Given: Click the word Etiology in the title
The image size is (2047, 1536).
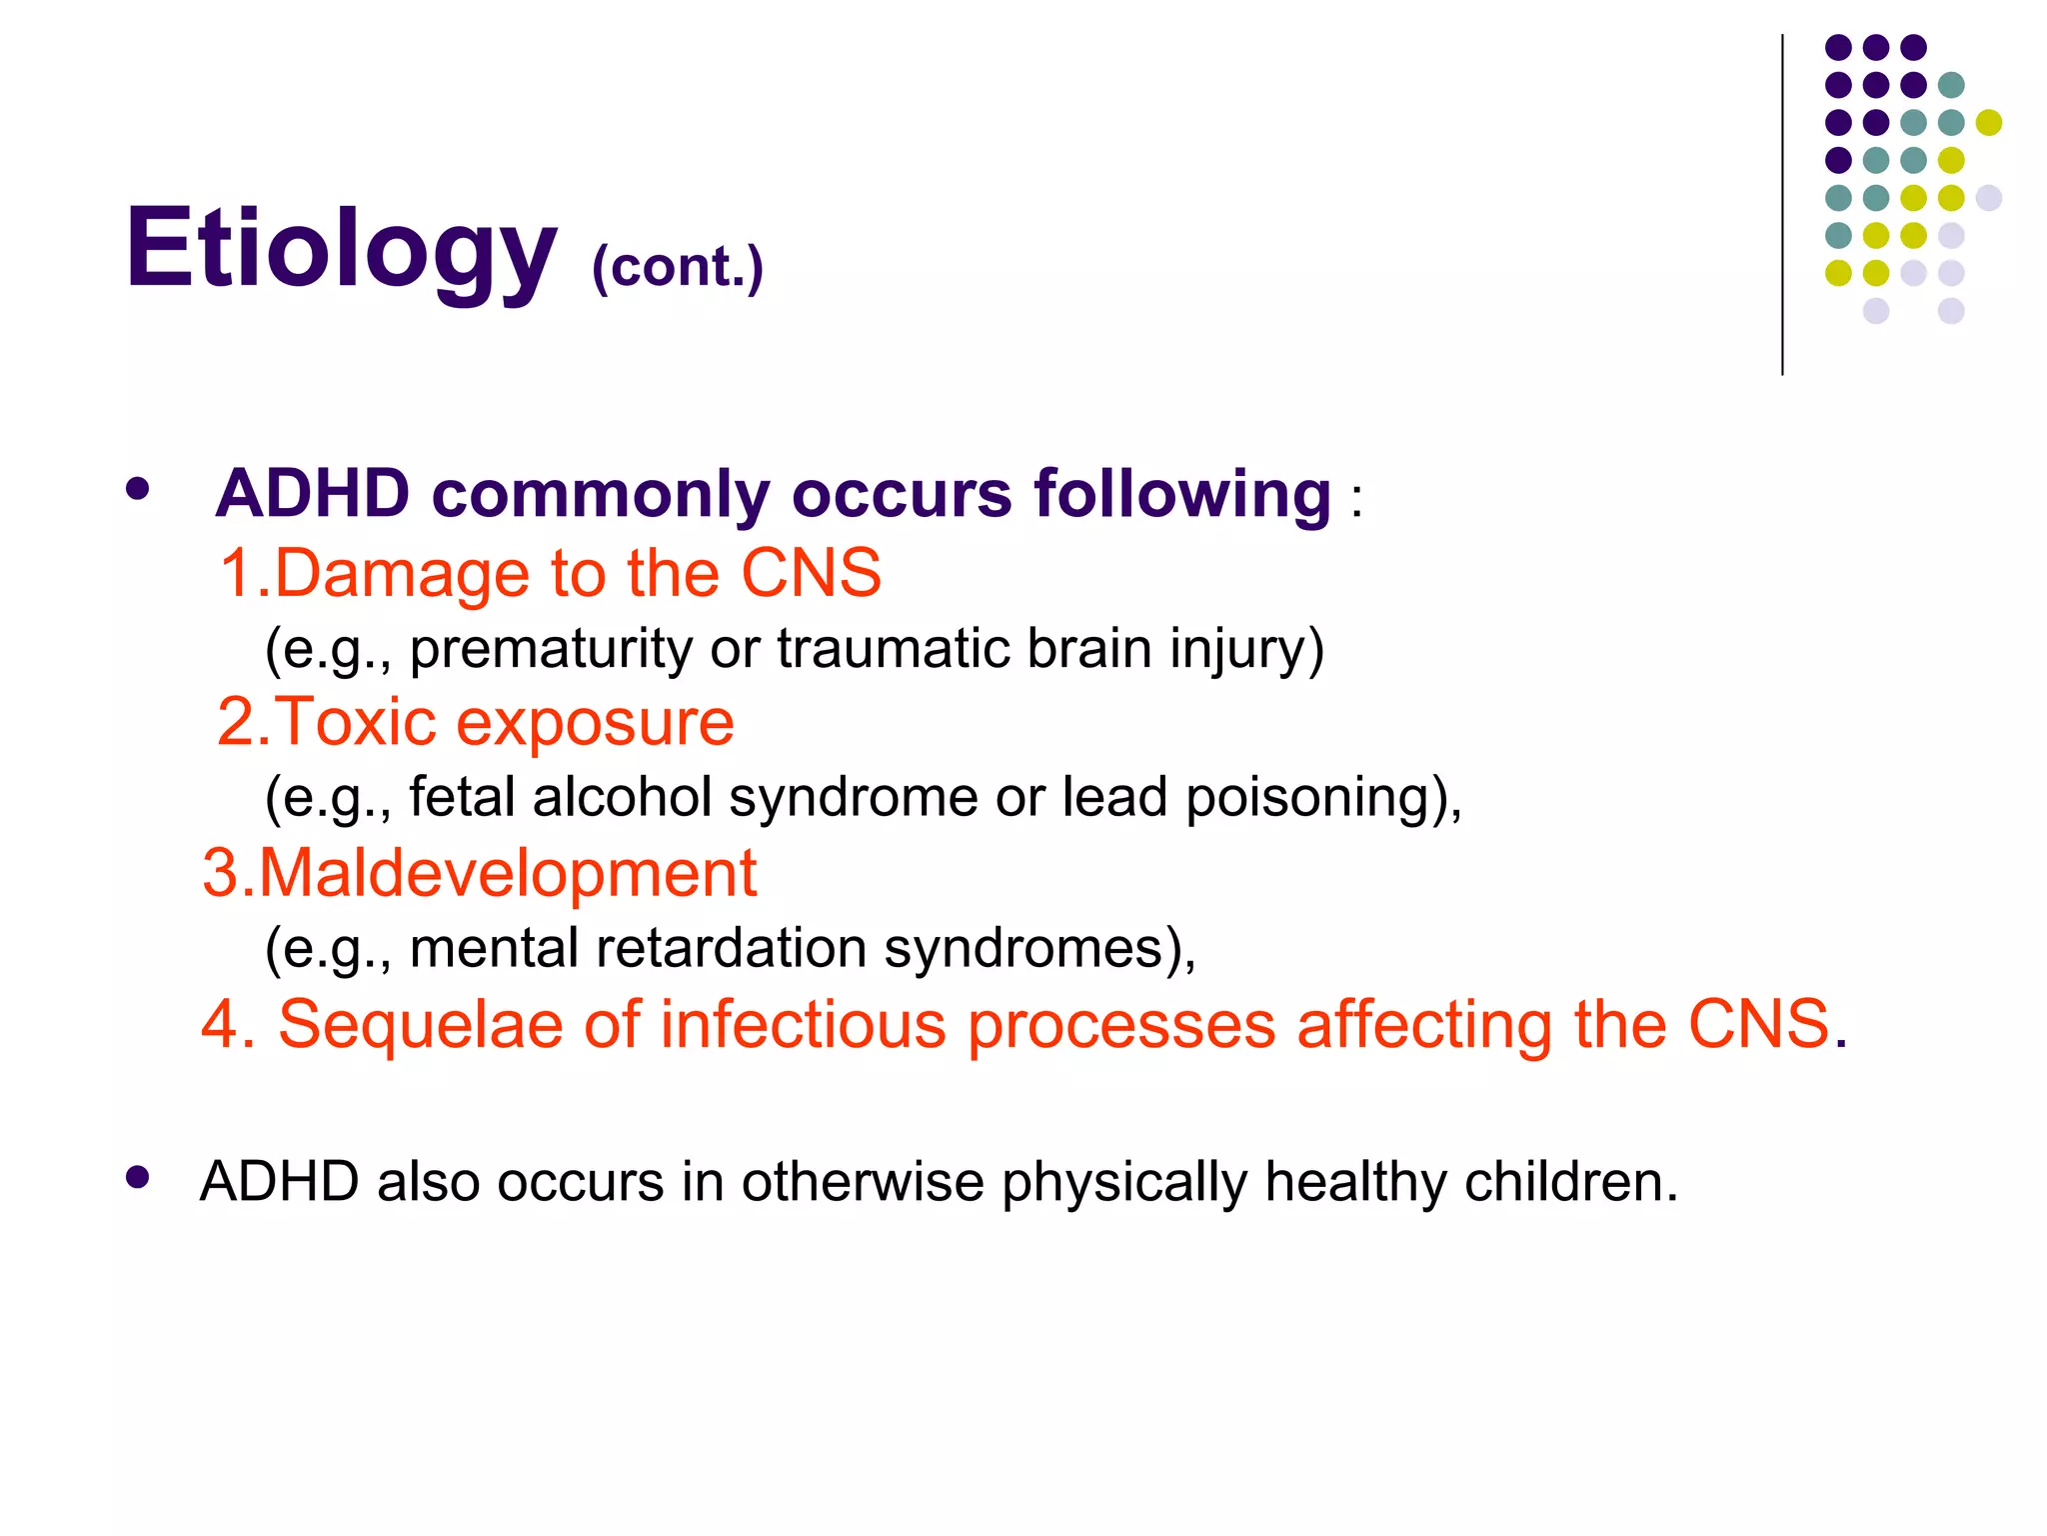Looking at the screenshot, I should [x=340, y=248].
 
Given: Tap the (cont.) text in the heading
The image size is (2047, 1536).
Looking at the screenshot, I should [x=678, y=267].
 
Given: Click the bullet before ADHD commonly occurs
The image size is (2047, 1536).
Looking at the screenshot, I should [x=138, y=490].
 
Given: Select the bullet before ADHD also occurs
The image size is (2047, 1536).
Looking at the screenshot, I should [x=138, y=1177].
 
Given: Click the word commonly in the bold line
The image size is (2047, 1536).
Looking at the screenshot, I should [x=600, y=494].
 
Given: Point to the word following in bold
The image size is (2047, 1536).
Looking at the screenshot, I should [x=1182, y=494].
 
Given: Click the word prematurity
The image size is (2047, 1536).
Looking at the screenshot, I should [x=551, y=650].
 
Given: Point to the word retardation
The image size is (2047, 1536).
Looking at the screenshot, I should [x=730, y=947].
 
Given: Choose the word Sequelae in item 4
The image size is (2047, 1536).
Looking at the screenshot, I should [x=420, y=1026].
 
